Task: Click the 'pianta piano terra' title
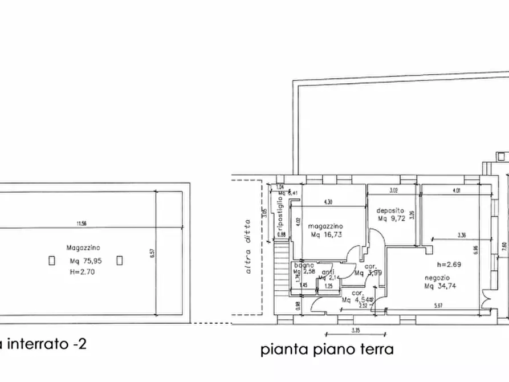[327, 349]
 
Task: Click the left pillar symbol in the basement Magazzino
[52, 261]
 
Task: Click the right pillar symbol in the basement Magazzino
[119, 261]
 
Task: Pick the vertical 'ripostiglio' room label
[280, 212]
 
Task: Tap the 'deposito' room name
[390, 210]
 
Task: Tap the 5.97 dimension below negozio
[438, 306]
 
